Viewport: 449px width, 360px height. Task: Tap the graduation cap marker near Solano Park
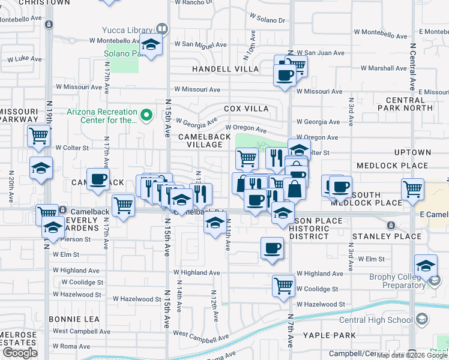click(151, 46)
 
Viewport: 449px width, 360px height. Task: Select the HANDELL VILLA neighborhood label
click(225, 70)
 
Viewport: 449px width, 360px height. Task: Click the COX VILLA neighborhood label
click(246, 109)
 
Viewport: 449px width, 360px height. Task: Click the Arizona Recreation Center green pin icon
click(145, 113)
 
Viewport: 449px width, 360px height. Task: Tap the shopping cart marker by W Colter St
click(38, 137)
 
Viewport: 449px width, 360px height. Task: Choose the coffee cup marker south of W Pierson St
click(272, 248)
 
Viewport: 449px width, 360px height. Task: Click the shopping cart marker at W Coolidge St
click(283, 286)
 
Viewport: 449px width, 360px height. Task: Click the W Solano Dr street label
click(265, 20)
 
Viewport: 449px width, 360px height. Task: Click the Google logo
click(20, 353)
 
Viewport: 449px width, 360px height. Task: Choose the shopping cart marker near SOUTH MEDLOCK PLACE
click(412, 190)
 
